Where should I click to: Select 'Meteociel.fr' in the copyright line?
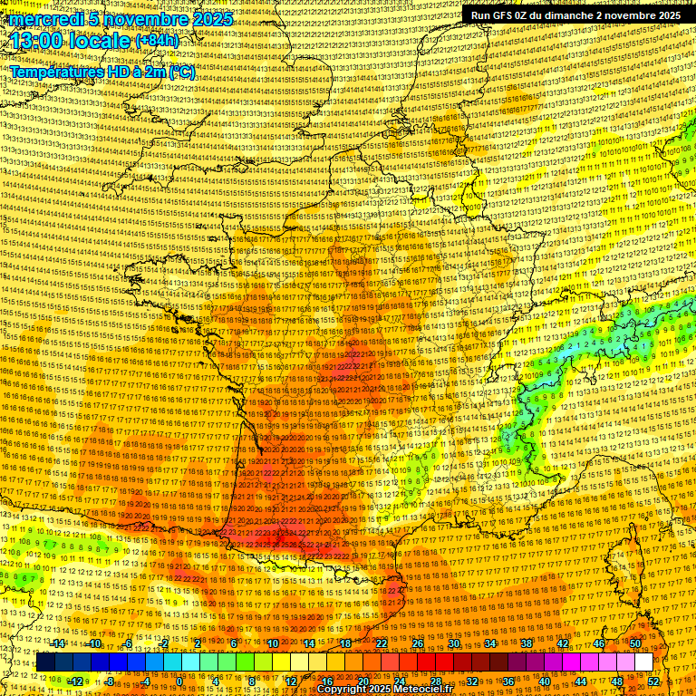408,689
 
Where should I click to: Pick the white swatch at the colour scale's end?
643,662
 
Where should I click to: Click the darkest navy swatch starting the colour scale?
45,662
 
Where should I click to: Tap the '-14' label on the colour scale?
58,643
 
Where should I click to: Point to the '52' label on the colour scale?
653,681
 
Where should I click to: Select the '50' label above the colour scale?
635,643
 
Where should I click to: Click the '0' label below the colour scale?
179,681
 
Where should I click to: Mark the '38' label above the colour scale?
527,643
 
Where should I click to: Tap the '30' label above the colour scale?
454,643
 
